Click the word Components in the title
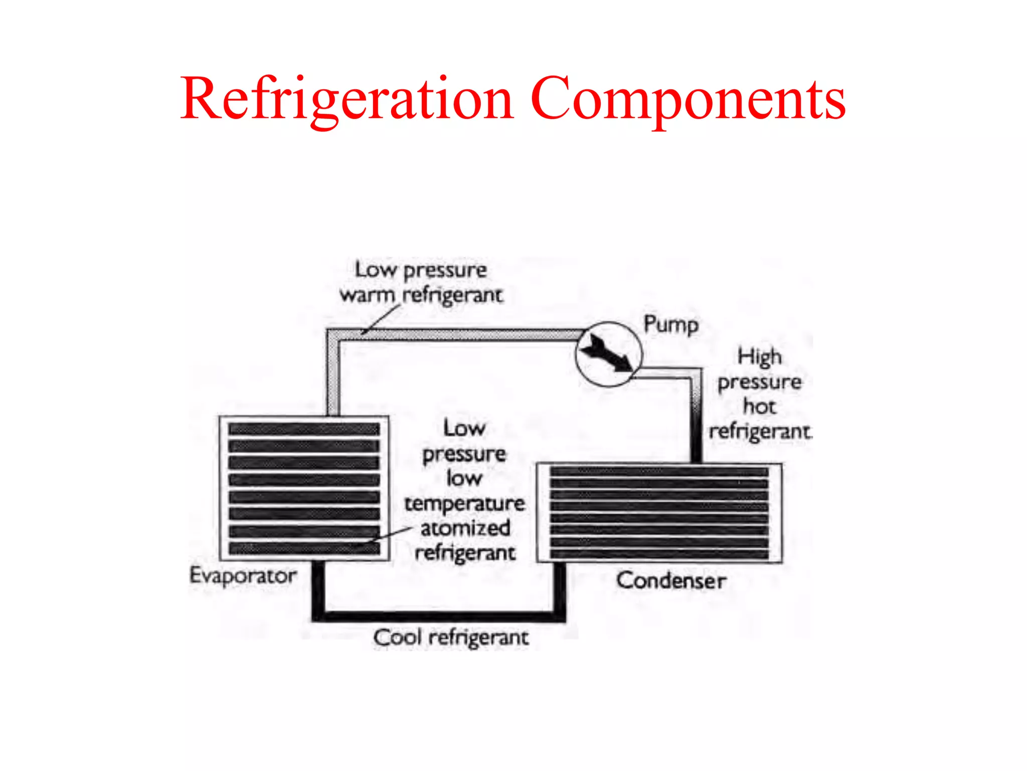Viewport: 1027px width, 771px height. coord(688,99)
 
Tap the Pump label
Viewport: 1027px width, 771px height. coord(670,325)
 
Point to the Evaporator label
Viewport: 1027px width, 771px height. coord(243,575)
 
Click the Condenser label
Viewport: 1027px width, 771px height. coord(671,581)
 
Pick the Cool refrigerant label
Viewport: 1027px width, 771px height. coord(451,637)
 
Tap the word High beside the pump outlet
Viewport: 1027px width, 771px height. coord(759,357)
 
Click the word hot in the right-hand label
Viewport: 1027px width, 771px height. coord(759,406)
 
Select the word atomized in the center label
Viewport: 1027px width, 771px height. coord(465,528)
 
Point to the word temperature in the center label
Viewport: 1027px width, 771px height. coord(464,503)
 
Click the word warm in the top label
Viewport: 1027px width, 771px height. coord(367,295)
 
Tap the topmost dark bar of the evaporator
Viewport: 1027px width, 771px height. coord(304,429)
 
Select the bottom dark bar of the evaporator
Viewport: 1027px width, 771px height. coord(304,549)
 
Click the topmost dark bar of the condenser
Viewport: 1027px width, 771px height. coord(659,472)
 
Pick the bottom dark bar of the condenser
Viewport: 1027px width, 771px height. coord(659,554)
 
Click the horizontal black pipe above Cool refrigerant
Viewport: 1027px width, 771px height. coord(439,616)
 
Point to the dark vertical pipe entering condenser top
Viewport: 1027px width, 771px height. coord(696,437)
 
